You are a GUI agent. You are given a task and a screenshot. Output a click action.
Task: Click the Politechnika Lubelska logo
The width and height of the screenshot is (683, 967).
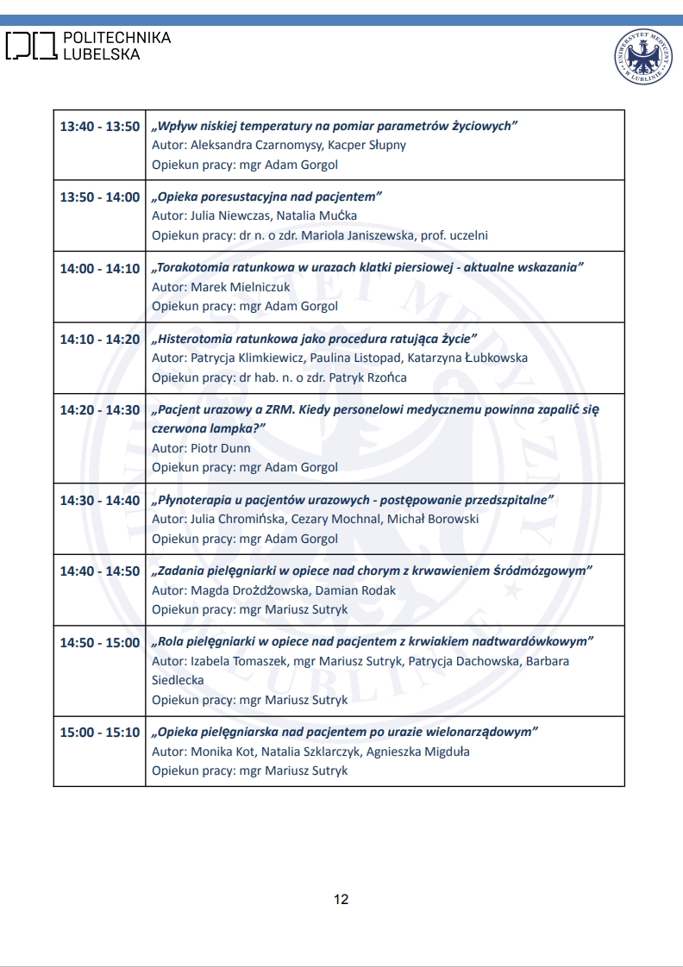point(88,46)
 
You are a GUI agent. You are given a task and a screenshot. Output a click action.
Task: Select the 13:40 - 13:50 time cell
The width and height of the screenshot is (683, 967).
point(99,127)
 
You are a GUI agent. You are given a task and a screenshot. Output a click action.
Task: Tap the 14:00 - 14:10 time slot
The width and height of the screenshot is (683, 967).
point(99,269)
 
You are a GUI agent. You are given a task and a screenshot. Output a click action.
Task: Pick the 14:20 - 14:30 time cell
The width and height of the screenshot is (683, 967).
point(99,410)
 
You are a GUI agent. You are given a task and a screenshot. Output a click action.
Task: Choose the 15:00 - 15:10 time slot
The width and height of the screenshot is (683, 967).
point(99,733)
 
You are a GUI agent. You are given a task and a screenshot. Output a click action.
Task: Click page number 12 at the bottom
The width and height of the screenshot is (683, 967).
point(341,900)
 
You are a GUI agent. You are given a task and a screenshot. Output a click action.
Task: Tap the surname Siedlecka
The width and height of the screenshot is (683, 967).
point(178,680)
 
